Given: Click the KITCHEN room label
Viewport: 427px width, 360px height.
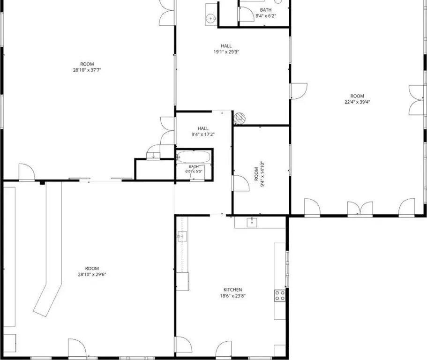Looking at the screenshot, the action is coord(232,290).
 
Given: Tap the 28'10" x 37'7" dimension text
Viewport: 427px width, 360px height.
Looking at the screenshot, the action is coord(87,70).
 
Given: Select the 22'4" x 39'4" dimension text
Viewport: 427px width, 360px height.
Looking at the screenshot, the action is coord(357,102).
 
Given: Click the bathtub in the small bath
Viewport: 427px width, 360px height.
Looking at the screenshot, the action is coord(194,157).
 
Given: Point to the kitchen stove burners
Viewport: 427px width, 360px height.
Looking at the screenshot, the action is coord(280,295).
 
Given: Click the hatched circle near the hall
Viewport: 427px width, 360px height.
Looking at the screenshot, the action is coord(240,119).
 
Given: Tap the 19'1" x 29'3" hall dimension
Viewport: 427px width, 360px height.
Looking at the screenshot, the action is coord(226,52).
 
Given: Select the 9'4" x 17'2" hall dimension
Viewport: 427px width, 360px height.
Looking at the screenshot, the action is coord(203,134).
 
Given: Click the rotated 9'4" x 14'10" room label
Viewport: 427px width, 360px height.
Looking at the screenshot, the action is coord(262,174).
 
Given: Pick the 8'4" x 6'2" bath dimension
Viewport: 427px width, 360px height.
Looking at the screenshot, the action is coord(265,16).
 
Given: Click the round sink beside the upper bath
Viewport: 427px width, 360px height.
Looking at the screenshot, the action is coord(211,19).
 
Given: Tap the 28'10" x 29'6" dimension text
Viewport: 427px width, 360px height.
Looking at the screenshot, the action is coord(92,275).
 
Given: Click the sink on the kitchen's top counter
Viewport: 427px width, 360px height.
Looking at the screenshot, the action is coord(252,222).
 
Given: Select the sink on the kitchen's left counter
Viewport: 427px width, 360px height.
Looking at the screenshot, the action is coord(182,236).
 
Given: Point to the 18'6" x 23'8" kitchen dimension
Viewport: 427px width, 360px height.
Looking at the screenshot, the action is coord(232,296).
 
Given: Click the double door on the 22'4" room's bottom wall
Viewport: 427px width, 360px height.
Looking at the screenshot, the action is coord(360,209).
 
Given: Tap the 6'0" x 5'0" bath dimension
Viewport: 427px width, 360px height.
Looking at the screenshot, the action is coord(194,172).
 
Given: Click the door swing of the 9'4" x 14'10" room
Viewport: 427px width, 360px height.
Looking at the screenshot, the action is coord(241,183).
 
